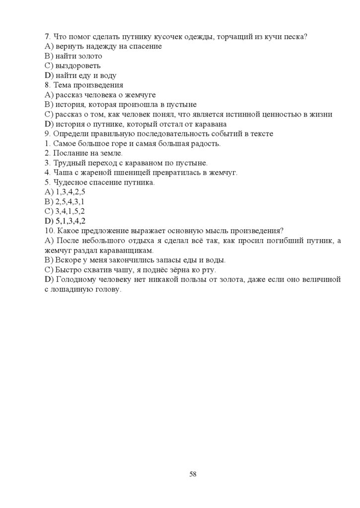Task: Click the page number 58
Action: point(193,474)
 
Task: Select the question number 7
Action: point(47,37)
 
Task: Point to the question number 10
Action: point(49,231)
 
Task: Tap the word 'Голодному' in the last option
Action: point(74,279)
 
